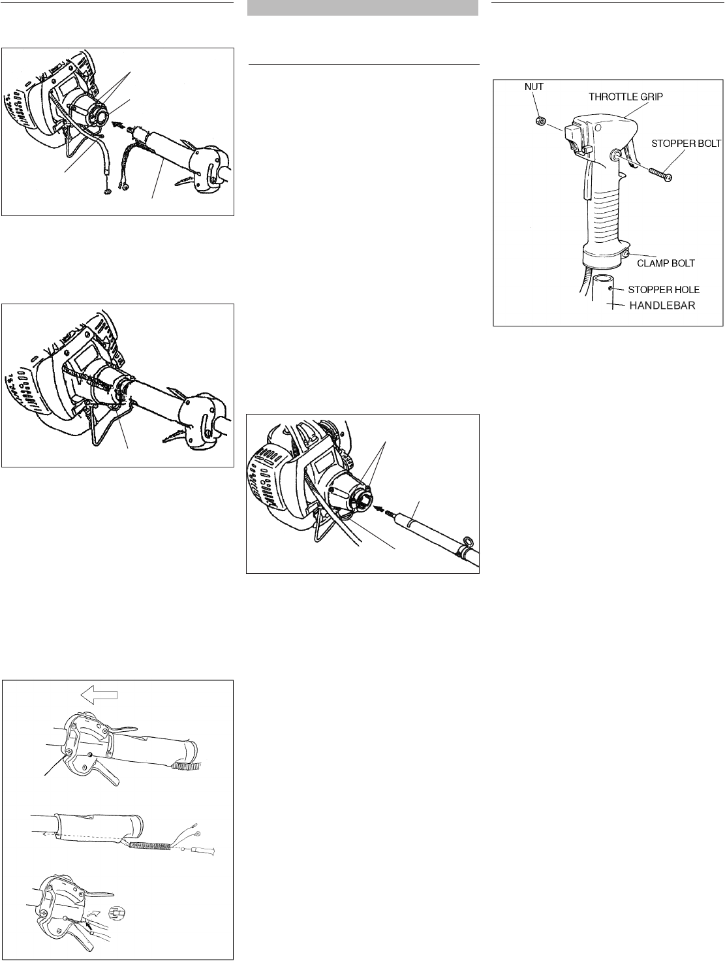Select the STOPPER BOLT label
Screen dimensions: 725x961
(685, 142)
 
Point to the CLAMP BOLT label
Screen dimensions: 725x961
(666, 263)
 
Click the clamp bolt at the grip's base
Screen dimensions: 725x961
(626, 253)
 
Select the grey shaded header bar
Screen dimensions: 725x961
(363, 8)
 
